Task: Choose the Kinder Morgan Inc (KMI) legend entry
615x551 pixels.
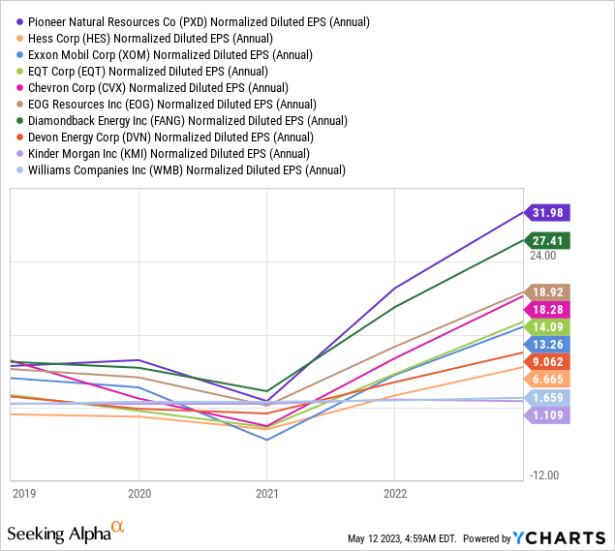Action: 178,153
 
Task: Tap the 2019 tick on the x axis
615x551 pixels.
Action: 23,492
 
